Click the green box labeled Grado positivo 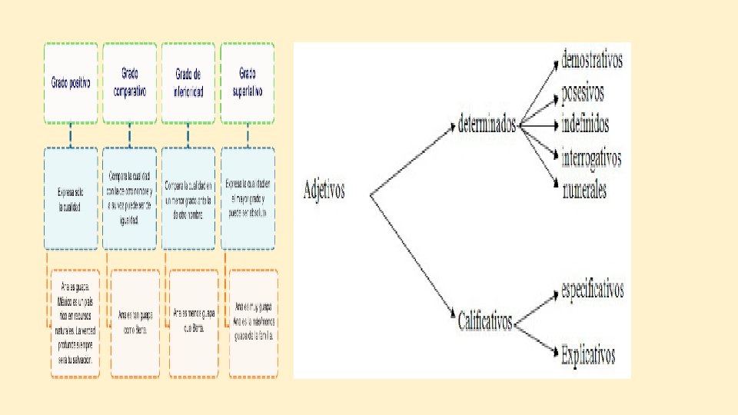[71, 83]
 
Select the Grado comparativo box [130, 83]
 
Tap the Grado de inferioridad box [188, 83]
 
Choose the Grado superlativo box [248, 83]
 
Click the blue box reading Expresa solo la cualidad [71, 198]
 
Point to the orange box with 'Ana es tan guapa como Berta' [135, 324]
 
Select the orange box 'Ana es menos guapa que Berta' [194, 324]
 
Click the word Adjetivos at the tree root [324, 190]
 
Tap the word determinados [486, 124]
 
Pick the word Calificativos [484, 320]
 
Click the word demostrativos [592, 59]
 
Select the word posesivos [583, 93]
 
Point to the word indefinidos [585, 123]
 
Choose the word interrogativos [591, 158]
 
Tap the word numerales [583, 188]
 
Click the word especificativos [592, 290]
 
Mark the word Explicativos [588, 355]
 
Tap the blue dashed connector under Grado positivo [71, 135]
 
